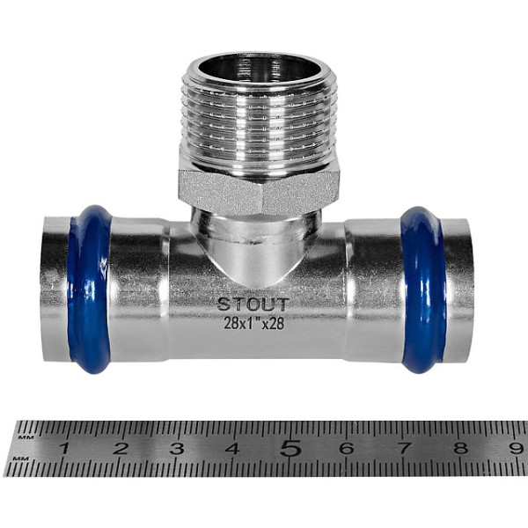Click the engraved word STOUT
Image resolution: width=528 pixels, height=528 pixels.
tap(253, 304)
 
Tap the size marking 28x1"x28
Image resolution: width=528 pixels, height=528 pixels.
tap(254, 323)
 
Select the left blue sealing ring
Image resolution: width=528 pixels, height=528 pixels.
tap(88, 290)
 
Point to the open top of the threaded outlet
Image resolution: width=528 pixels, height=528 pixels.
tap(259, 68)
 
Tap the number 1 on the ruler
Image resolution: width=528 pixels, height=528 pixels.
tap(64, 449)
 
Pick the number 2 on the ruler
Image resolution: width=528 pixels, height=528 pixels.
tap(121, 449)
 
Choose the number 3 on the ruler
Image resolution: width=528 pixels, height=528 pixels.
tap(177, 449)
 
